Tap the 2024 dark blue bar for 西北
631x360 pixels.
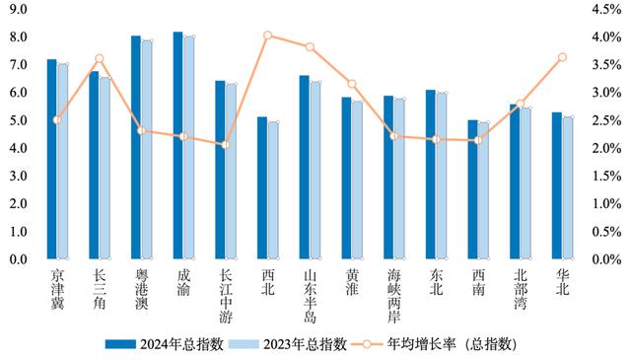click(x=261, y=188)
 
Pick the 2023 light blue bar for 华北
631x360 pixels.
click(x=568, y=188)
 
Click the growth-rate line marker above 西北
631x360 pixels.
click(x=267, y=36)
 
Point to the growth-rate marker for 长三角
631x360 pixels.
click(x=99, y=59)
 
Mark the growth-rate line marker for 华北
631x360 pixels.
click(x=562, y=57)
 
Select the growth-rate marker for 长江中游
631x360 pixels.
click(x=226, y=145)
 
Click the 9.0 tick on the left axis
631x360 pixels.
click(x=18, y=9)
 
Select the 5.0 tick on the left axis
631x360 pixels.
click(x=18, y=120)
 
